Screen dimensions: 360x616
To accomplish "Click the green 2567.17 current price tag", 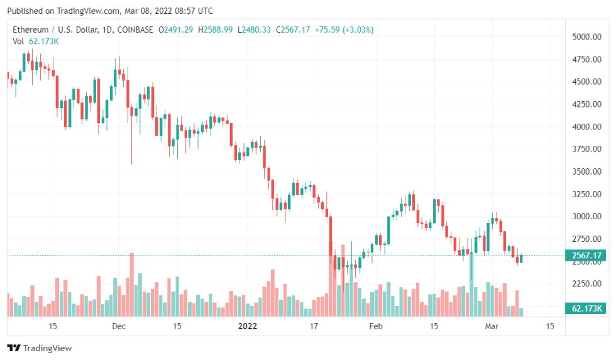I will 586,256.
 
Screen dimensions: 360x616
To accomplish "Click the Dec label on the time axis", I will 119,326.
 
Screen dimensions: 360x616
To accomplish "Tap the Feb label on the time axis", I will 375,326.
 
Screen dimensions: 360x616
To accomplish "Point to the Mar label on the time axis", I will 492,326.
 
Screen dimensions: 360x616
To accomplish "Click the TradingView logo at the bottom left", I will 40,348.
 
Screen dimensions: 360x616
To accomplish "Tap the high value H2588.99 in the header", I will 215,30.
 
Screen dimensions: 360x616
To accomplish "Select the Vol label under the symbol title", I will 18,41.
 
